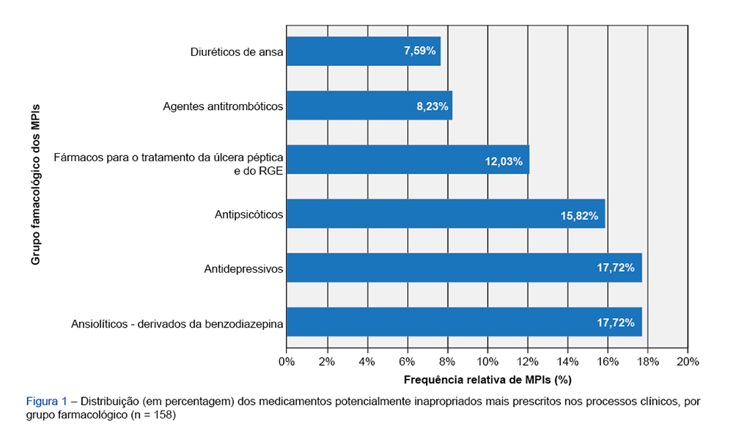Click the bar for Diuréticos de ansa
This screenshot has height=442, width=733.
pos(363,51)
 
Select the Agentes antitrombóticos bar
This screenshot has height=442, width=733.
pos(369,106)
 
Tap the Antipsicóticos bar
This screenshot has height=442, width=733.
pos(445,214)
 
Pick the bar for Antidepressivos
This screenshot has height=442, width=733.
pos(464,268)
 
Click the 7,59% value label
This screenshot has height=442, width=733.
pos(420,51)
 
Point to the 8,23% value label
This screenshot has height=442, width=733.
pos(432,106)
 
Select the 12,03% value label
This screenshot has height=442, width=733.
pos(504,161)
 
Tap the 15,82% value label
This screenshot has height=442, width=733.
pos(579,216)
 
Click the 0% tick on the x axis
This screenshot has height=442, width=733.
pos(287,362)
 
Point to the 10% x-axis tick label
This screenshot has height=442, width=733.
pos(487,362)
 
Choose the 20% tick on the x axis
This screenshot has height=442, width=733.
pos(688,362)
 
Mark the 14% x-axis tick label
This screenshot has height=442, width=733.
pos(567,362)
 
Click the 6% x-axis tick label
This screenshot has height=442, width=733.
pos(407,362)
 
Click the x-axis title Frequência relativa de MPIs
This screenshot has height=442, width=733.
pos(487,380)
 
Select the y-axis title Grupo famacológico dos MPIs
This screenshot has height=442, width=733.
pos(35,184)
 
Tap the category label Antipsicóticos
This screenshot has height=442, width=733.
pos(249,215)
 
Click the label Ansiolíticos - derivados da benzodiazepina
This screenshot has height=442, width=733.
pos(177,323)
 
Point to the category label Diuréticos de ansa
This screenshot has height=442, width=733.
pos(237,52)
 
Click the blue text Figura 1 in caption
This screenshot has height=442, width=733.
pos(47,402)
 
